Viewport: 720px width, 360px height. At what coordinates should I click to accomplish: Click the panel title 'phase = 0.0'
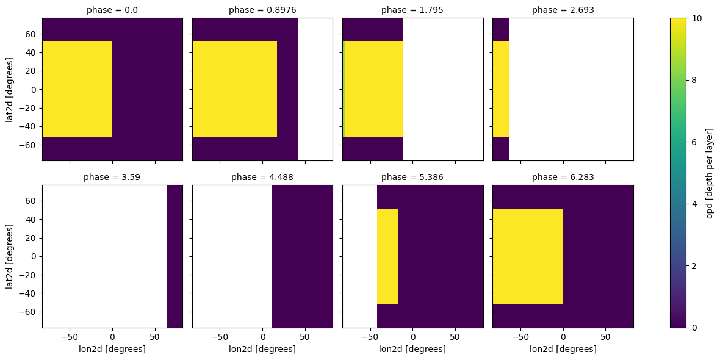[112, 10]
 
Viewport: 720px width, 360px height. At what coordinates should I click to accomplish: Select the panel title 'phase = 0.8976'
[262, 10]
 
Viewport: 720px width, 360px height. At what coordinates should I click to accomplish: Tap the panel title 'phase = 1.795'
[412, 10]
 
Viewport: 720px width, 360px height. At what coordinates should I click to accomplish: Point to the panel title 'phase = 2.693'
[563, 10]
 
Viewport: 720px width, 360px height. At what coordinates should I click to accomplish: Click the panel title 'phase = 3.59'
[112, 178]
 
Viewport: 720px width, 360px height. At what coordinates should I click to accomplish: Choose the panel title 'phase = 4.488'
[262, 178]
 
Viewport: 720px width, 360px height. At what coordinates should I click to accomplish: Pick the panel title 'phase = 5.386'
[412, 178]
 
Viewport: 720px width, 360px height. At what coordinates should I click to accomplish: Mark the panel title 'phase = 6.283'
[563, 178]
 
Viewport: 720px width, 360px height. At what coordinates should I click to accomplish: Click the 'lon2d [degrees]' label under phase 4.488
[262, 349]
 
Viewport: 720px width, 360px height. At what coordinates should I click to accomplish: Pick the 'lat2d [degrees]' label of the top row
[10, 89]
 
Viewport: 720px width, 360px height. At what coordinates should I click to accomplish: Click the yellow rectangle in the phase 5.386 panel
[387, 256]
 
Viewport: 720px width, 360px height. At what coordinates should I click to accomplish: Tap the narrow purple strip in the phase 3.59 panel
[175, 256]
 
